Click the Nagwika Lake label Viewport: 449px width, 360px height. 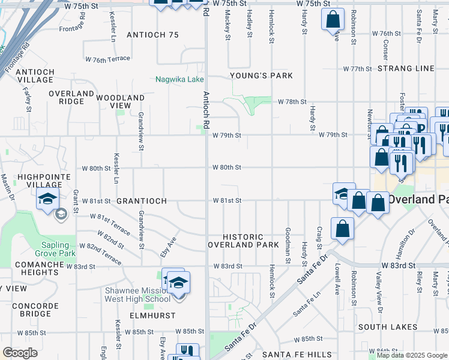point(179,79)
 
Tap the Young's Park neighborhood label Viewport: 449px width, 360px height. point(262,76)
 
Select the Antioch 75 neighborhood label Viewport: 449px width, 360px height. point(153,35)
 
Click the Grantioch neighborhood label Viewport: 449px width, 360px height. point(140,200)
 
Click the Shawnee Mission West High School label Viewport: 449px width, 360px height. point(137,295)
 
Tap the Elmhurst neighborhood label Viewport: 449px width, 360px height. point(152,315)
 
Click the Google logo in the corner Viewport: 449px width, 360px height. point(20,353)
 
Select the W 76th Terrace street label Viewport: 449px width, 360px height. point(107,59)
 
